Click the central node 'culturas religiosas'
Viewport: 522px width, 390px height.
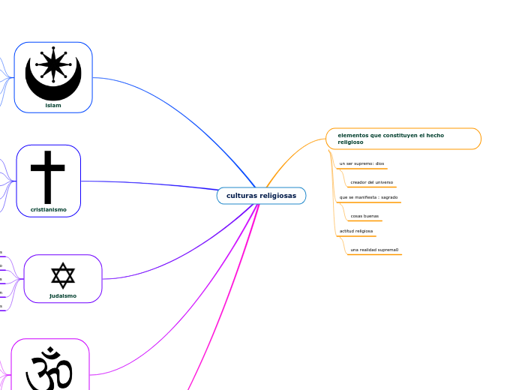pos(261,196)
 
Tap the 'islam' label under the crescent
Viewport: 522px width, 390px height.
pos(53,106)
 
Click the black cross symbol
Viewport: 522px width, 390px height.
pos(48,177)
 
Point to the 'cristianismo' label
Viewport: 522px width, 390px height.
pos(48,210)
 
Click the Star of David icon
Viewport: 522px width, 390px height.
pos(63,275)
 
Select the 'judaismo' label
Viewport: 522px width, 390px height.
pos(63,295)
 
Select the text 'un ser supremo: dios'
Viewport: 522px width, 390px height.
pos(361,163)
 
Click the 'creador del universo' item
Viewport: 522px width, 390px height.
pos(371,182)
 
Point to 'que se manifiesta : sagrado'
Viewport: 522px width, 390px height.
pos(368,197)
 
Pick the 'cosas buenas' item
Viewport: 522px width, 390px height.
pos(364,216)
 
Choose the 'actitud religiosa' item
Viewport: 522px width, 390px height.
pos(356,231)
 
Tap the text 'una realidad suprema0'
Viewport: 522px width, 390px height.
pos(374,250)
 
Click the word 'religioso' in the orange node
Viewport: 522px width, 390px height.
pos(350,142)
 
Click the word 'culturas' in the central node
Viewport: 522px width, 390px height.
pos(241,196)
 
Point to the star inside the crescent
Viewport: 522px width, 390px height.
pos(53,64)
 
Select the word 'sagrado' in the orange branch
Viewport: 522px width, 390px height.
pos(388,197)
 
